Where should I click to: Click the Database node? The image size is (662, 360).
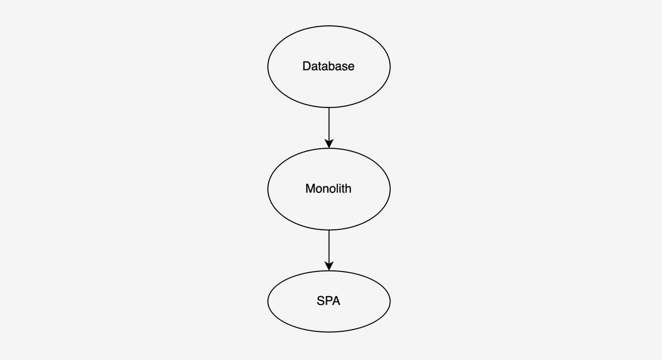(329, 67)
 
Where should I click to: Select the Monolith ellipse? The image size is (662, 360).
(329, 189)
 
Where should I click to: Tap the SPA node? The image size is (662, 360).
(329, 301)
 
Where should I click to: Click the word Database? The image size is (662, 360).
(328, 66)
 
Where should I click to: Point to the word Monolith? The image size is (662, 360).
(328, 188)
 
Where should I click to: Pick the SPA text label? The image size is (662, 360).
(328, 301)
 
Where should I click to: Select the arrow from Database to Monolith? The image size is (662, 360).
(329, 128)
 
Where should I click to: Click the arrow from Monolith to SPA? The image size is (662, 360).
(329, 251)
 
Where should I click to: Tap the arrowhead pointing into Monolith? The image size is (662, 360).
(329, 144)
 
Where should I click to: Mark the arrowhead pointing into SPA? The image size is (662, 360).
(329, 266)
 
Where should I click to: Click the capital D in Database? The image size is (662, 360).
(306, 66)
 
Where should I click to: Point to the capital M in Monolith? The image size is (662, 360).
(310, 188)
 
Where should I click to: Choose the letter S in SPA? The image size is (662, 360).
(320, 301)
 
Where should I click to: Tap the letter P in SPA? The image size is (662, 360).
(328, 301)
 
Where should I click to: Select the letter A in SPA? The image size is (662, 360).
(336, 301)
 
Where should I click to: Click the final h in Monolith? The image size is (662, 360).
(348, 188)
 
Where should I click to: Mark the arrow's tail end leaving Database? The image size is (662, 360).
(329, 108)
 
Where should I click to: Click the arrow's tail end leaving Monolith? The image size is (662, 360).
(329, 230)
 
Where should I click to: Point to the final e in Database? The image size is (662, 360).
(351, 67)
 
